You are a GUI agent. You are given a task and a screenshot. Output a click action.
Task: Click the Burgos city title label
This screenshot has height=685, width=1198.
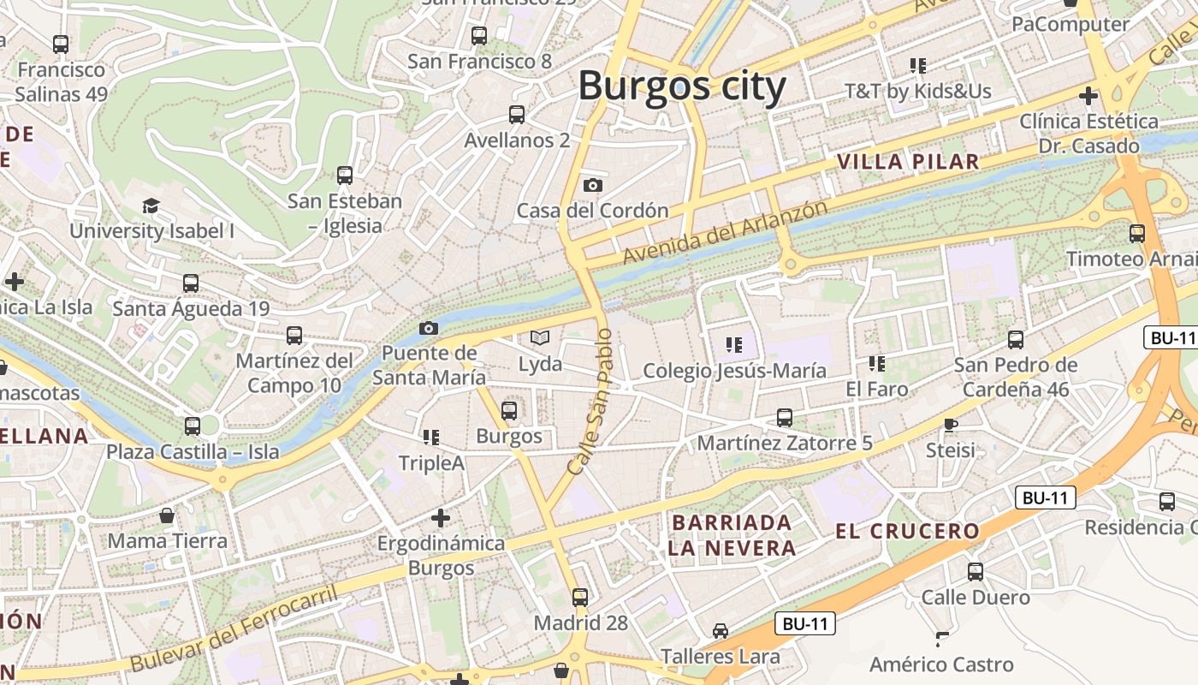682,86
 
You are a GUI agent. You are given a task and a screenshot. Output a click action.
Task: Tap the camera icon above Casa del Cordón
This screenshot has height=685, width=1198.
592,185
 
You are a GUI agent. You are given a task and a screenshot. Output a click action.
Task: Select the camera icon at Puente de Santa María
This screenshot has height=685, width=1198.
429,328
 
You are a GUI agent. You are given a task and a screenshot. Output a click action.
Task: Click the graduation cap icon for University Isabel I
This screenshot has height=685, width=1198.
151,205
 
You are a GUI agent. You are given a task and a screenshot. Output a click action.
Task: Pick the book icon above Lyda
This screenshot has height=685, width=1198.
539,338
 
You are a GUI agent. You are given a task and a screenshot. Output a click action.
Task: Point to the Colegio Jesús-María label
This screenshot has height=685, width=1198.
734,371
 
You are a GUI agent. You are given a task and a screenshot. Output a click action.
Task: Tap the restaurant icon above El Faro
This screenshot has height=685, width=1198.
876,364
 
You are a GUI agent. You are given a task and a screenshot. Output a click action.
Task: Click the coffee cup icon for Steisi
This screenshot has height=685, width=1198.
950,425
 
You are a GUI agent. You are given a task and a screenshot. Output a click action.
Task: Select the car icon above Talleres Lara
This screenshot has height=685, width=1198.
721,631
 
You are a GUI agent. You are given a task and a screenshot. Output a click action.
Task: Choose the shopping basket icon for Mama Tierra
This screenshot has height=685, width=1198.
167,515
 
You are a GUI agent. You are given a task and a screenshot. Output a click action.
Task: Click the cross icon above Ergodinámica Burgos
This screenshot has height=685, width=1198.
441,518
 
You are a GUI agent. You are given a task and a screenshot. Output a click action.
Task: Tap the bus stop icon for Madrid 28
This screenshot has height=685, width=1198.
580,598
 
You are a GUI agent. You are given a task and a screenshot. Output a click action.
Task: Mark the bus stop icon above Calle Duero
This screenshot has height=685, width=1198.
976,572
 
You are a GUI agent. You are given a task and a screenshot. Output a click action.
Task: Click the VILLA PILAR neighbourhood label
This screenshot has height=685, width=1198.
908,162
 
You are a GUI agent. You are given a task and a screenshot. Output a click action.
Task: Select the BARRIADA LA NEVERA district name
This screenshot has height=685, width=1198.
732,535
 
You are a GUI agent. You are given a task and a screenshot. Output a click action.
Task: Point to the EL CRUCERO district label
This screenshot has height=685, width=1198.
907,531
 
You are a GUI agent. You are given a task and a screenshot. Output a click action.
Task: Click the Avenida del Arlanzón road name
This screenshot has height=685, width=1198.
725,232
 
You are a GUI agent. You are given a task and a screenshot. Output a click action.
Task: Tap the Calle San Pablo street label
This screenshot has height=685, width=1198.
591,402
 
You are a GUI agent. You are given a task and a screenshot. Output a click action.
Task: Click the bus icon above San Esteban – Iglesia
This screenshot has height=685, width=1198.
345,176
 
